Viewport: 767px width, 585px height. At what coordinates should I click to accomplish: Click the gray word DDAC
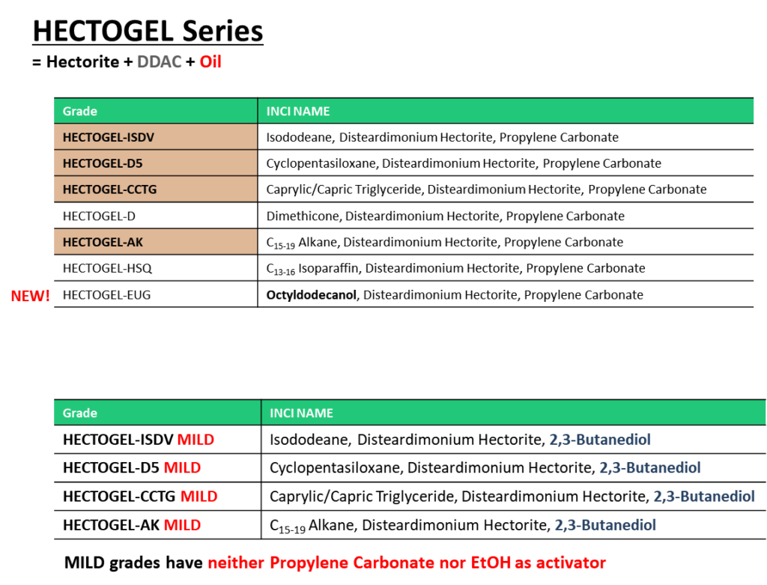coord(159,62)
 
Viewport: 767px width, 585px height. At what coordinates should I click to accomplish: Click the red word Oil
coord(210,62)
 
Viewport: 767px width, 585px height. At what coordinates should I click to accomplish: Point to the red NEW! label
coord(31,297)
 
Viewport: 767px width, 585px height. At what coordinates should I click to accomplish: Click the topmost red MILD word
coord(195,440)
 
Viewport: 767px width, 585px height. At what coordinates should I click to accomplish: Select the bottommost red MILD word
coord(182,525)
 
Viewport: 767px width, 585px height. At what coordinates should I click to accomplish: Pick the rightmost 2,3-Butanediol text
coord(703,496)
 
